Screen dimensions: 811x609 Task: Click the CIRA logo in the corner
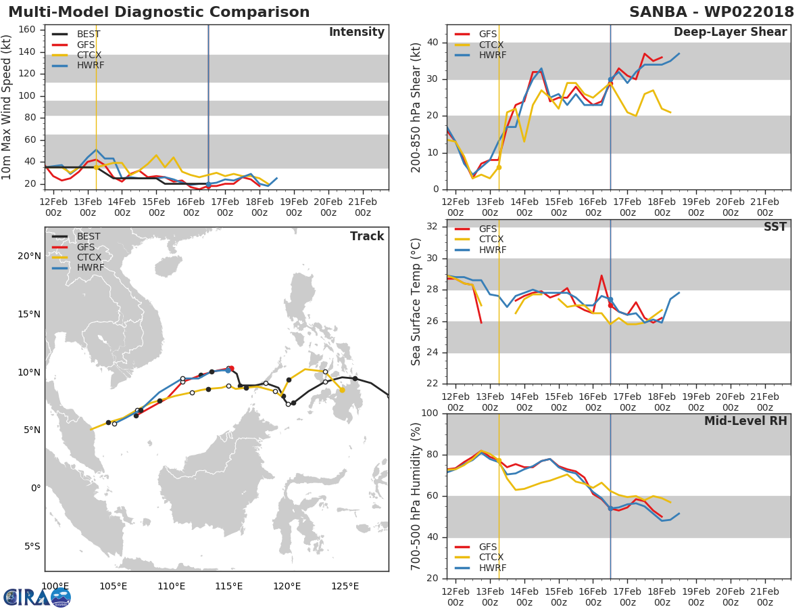click(37, 597)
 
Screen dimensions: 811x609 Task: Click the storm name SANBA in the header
click(658, 12)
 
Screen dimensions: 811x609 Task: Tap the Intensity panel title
click(357, 32)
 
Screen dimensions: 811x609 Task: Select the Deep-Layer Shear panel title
click(730, 32)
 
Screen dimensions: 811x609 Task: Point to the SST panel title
click(775, 227)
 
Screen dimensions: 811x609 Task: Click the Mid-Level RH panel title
click(745, 421)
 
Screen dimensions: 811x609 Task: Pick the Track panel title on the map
click(367, 236)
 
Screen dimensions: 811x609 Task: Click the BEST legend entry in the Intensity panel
click(76, 34)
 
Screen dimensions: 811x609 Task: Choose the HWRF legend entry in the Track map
click(78, 267)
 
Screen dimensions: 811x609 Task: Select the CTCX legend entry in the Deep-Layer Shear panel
click(479, 45)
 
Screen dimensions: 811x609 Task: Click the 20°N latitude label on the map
click(30, 256)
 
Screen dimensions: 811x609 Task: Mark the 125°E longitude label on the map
click(345, 586)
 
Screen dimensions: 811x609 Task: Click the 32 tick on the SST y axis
click(433, 226)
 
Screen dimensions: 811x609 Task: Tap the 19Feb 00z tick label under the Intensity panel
click(294, 207)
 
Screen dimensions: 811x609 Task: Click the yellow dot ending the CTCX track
click(342, 390)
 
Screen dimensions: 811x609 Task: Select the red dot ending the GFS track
click(232, 368)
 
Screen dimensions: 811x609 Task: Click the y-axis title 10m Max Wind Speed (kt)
click(6, 107)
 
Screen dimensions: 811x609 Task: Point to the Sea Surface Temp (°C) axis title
click(416, 302)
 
